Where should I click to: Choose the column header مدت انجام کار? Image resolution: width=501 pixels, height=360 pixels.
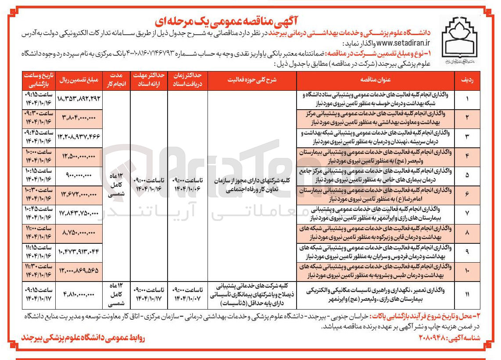[x=117, y=80]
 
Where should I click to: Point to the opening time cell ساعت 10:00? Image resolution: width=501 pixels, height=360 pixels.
[x=39, y=156]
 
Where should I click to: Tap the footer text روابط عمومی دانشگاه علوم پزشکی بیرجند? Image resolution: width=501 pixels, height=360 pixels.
[x=84, y=339]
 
